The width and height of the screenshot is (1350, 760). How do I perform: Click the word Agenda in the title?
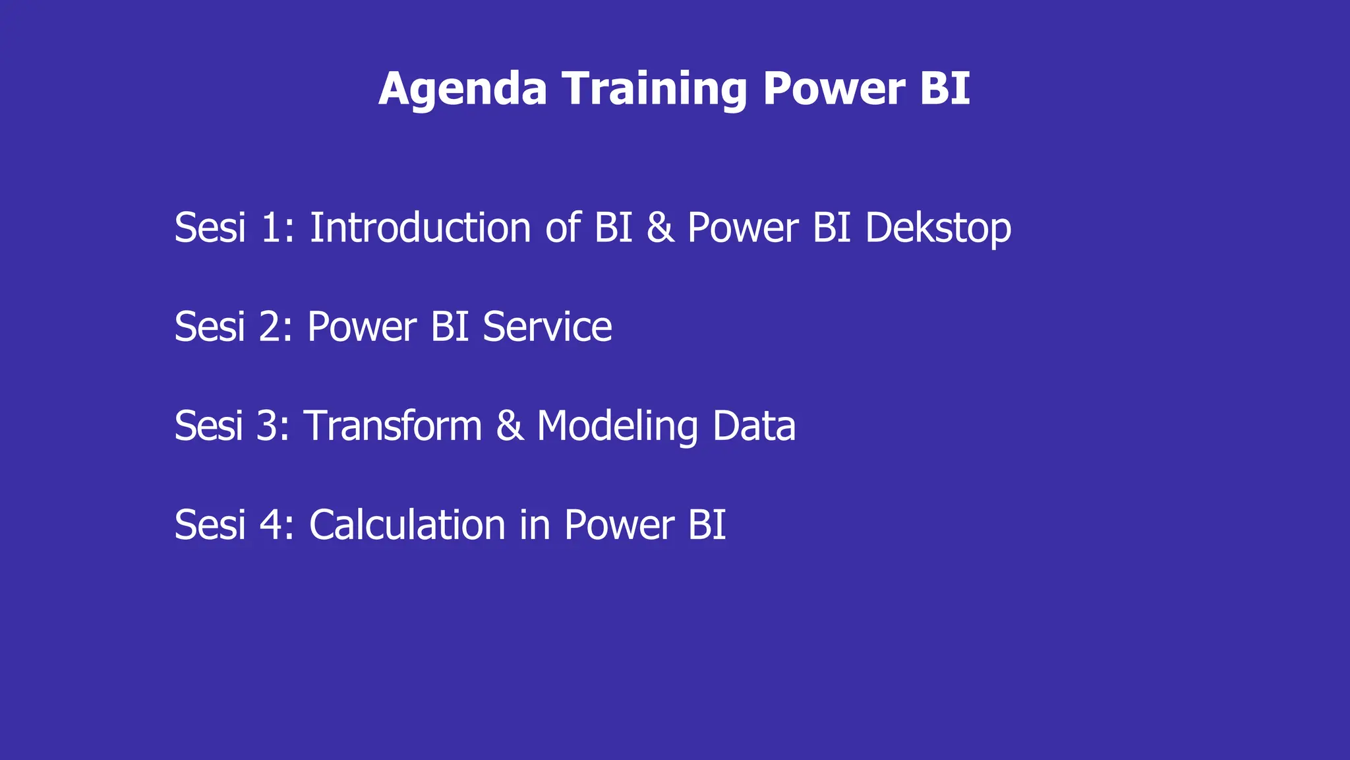click(463, 89)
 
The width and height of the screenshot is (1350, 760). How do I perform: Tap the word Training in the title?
click(655, 89)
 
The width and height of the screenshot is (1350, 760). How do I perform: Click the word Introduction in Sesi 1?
click(420, 228)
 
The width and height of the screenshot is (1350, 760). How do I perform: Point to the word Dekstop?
click(937, 229)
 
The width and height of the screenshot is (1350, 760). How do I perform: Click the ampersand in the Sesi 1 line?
click(660, 228)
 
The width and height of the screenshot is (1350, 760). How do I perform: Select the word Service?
click(547, 327)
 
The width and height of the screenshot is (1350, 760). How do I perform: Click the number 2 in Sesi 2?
click(272, 327)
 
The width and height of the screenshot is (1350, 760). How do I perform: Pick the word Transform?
click(393, 426)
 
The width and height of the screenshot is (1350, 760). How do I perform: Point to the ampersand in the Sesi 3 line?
click(510, 426)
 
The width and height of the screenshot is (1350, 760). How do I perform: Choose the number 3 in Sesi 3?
click(268, 426)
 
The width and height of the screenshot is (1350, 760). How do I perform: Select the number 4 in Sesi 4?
click(271, 525)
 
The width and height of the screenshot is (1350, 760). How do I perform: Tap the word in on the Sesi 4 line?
click(534, 525)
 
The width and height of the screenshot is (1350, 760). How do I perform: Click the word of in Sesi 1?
click(563, 228)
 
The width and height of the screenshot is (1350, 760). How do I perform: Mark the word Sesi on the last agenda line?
click(210, 525)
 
